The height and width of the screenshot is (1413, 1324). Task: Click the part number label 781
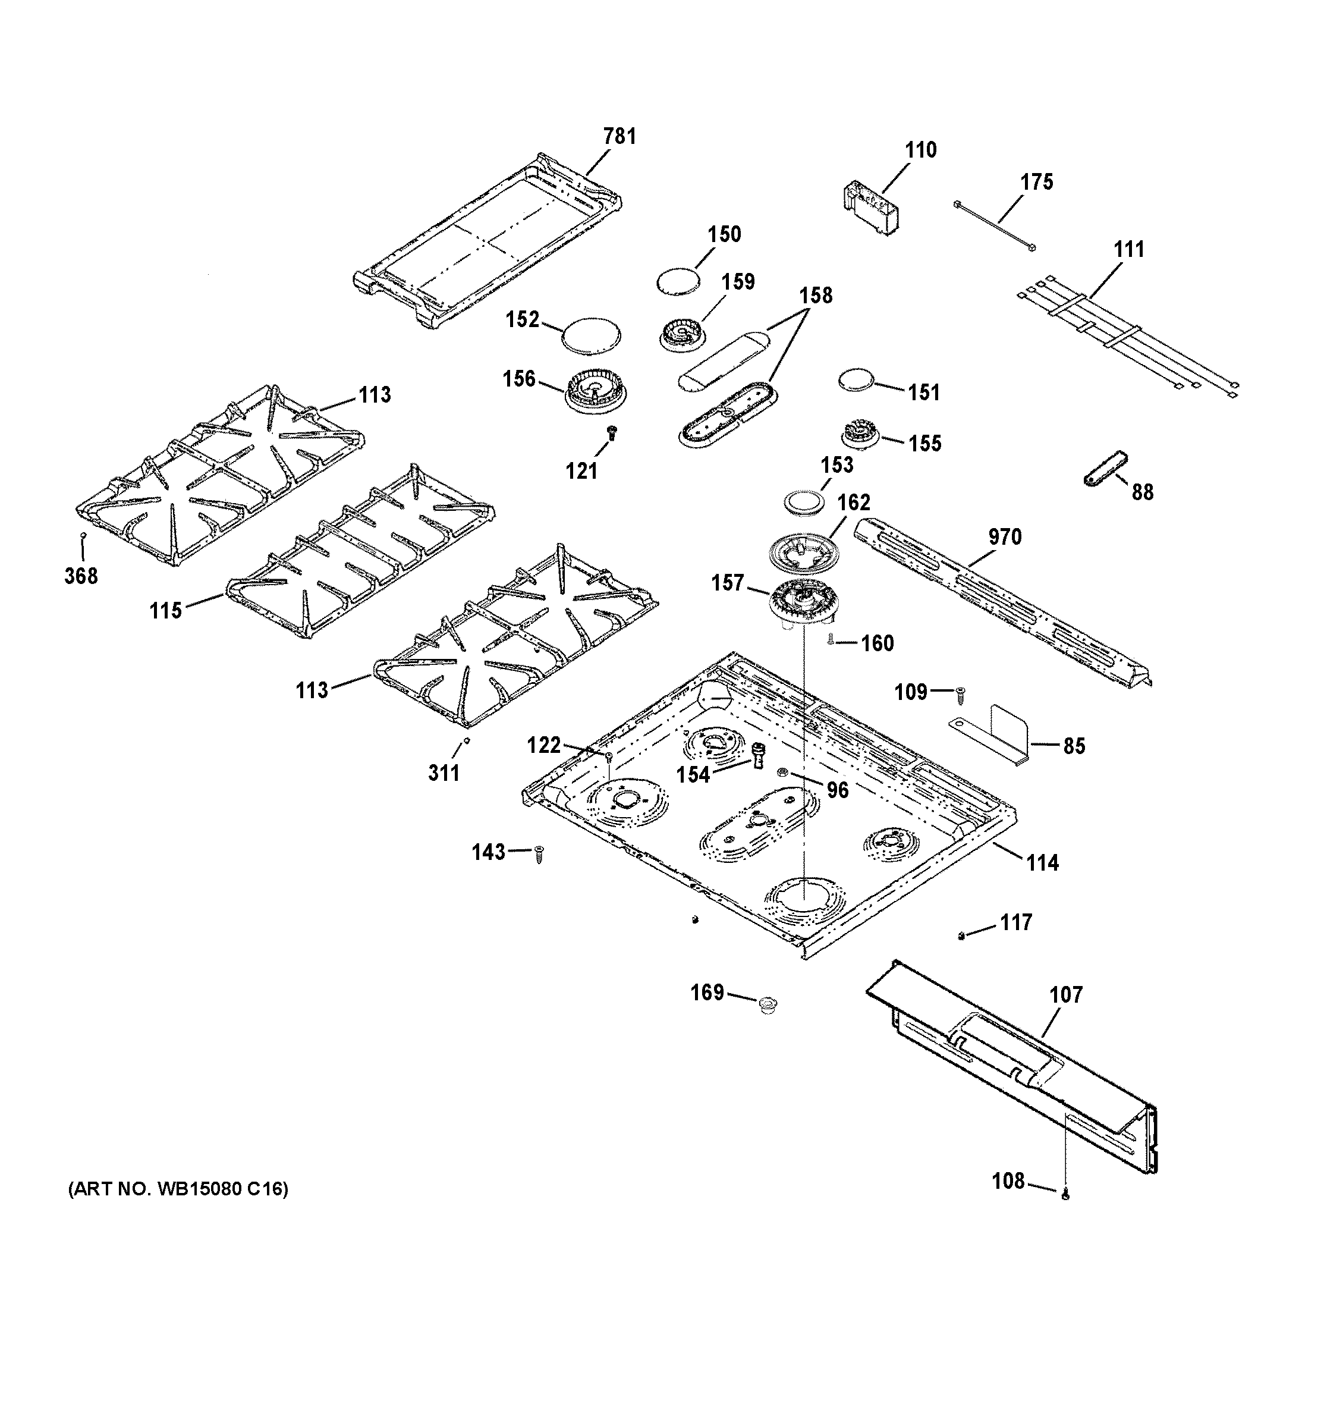[619, 136]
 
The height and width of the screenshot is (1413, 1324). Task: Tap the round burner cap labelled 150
[677, 281]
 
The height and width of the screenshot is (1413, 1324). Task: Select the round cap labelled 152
[590, 335]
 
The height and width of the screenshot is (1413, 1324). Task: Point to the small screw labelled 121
[611, 431]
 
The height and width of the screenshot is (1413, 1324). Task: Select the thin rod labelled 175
[995, 226]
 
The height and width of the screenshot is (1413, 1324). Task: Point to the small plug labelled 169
[767, 1005]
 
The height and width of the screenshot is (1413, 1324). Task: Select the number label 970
[1004, 536]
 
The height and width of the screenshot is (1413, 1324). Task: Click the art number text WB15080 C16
[178, 1189]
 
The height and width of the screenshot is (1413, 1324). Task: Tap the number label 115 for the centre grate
[166, 611]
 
